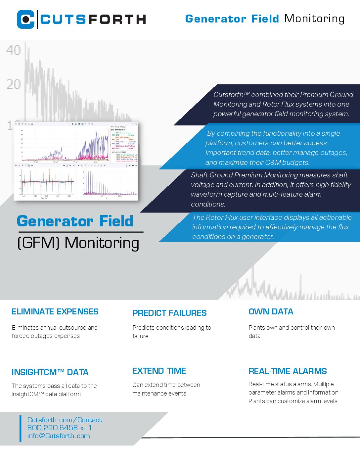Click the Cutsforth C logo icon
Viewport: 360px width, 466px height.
coord(26,19)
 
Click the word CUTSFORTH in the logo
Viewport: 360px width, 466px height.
coord(93,20)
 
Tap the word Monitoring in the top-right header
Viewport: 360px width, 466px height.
coord(314,19)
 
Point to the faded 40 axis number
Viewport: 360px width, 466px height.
coord(14,50)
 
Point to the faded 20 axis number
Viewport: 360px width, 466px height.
coord(14,84)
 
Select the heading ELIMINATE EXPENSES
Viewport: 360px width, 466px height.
coord(55,312)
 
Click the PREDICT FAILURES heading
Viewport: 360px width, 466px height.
coord(169,313)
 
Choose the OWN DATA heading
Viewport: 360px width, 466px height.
coord(271,312)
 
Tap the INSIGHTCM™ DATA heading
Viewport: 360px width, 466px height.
coord(50,372)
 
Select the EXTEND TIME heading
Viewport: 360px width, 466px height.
coord(159,371)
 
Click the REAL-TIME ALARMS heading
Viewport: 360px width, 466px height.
coord(288,371)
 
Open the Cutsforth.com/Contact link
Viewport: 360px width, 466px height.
coord(65,420)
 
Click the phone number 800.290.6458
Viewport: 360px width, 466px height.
coord(53,428)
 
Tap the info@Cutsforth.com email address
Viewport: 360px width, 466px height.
coord(59,436)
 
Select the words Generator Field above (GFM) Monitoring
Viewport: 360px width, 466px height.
coord(75,221)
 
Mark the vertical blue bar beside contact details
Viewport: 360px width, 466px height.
coord(20,428)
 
